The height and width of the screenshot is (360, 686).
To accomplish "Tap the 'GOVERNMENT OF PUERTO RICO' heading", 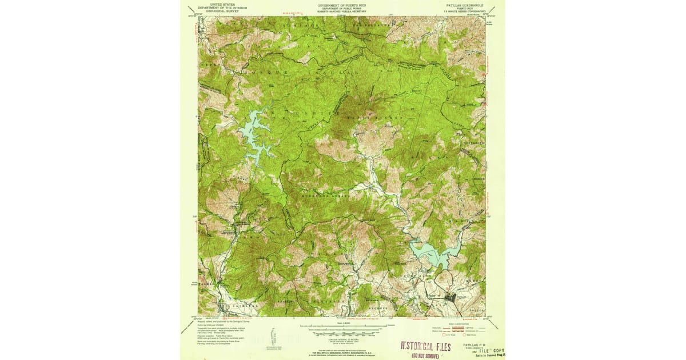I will click(342, 4).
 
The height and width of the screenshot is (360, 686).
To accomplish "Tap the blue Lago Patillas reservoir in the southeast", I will click(434, 253).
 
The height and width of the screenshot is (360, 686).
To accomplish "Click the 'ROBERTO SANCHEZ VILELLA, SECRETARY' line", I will click(342, 11).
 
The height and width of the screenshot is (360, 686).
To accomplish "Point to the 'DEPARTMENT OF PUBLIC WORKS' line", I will click(342, 7).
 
